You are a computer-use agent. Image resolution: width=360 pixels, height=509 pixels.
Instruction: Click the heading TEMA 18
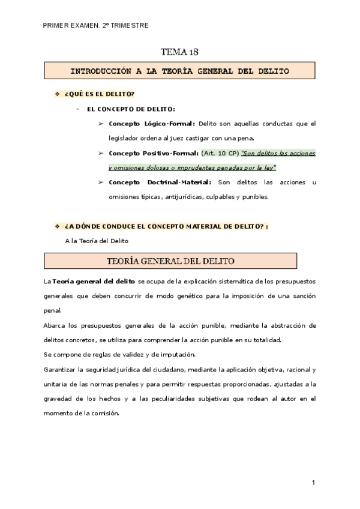tap(181, 51)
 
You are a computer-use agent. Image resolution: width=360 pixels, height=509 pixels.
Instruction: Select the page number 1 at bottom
tap(314, 482)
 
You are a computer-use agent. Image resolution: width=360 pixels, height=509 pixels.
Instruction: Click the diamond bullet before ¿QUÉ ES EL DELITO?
tap(58, 95)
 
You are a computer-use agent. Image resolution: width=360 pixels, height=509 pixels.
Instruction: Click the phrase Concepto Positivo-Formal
tap(154, 153)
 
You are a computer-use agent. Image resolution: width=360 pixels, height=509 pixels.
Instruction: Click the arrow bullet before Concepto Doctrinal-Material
tap(100, 182)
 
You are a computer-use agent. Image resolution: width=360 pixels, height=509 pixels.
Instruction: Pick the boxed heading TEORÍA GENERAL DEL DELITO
tap(170, 261)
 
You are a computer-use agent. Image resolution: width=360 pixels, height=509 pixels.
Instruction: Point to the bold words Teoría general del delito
tap(94, 281)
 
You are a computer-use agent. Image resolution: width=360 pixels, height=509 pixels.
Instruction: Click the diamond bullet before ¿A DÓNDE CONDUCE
tap(58, 226)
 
